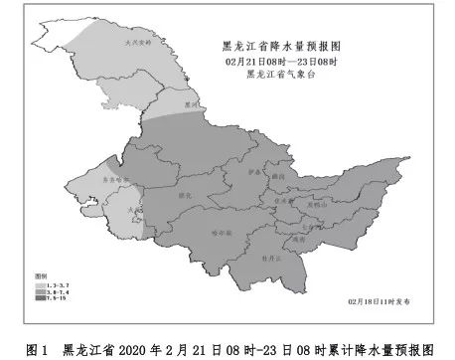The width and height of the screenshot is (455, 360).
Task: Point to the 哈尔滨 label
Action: click(x=221, y=231)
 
